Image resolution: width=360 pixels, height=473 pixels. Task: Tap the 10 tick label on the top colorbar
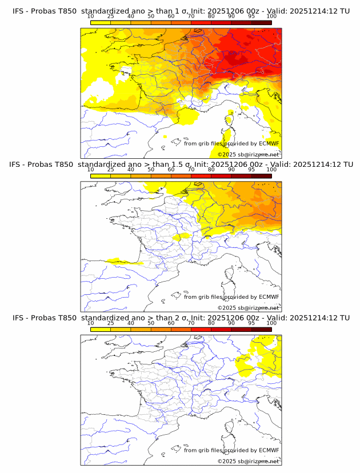(x=91, y=17)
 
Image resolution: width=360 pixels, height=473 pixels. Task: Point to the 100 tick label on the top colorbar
(x=271, y=17)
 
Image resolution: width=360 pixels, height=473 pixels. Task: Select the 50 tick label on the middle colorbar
(x=151, y=170)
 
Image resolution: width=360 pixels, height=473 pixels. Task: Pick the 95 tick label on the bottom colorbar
(x=251, y=323)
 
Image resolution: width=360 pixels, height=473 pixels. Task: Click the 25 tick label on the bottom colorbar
(x=111, y=323)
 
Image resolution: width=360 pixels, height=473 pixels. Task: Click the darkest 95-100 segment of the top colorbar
(x=261, y=22)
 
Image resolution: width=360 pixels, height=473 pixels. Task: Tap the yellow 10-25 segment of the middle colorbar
(x=101, y=176)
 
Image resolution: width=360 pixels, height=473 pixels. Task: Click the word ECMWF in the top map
(x=269, y=144)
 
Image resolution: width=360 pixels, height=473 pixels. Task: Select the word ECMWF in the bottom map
(x=269, y=450)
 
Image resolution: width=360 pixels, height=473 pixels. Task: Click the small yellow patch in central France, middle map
(x=181, y=236)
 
